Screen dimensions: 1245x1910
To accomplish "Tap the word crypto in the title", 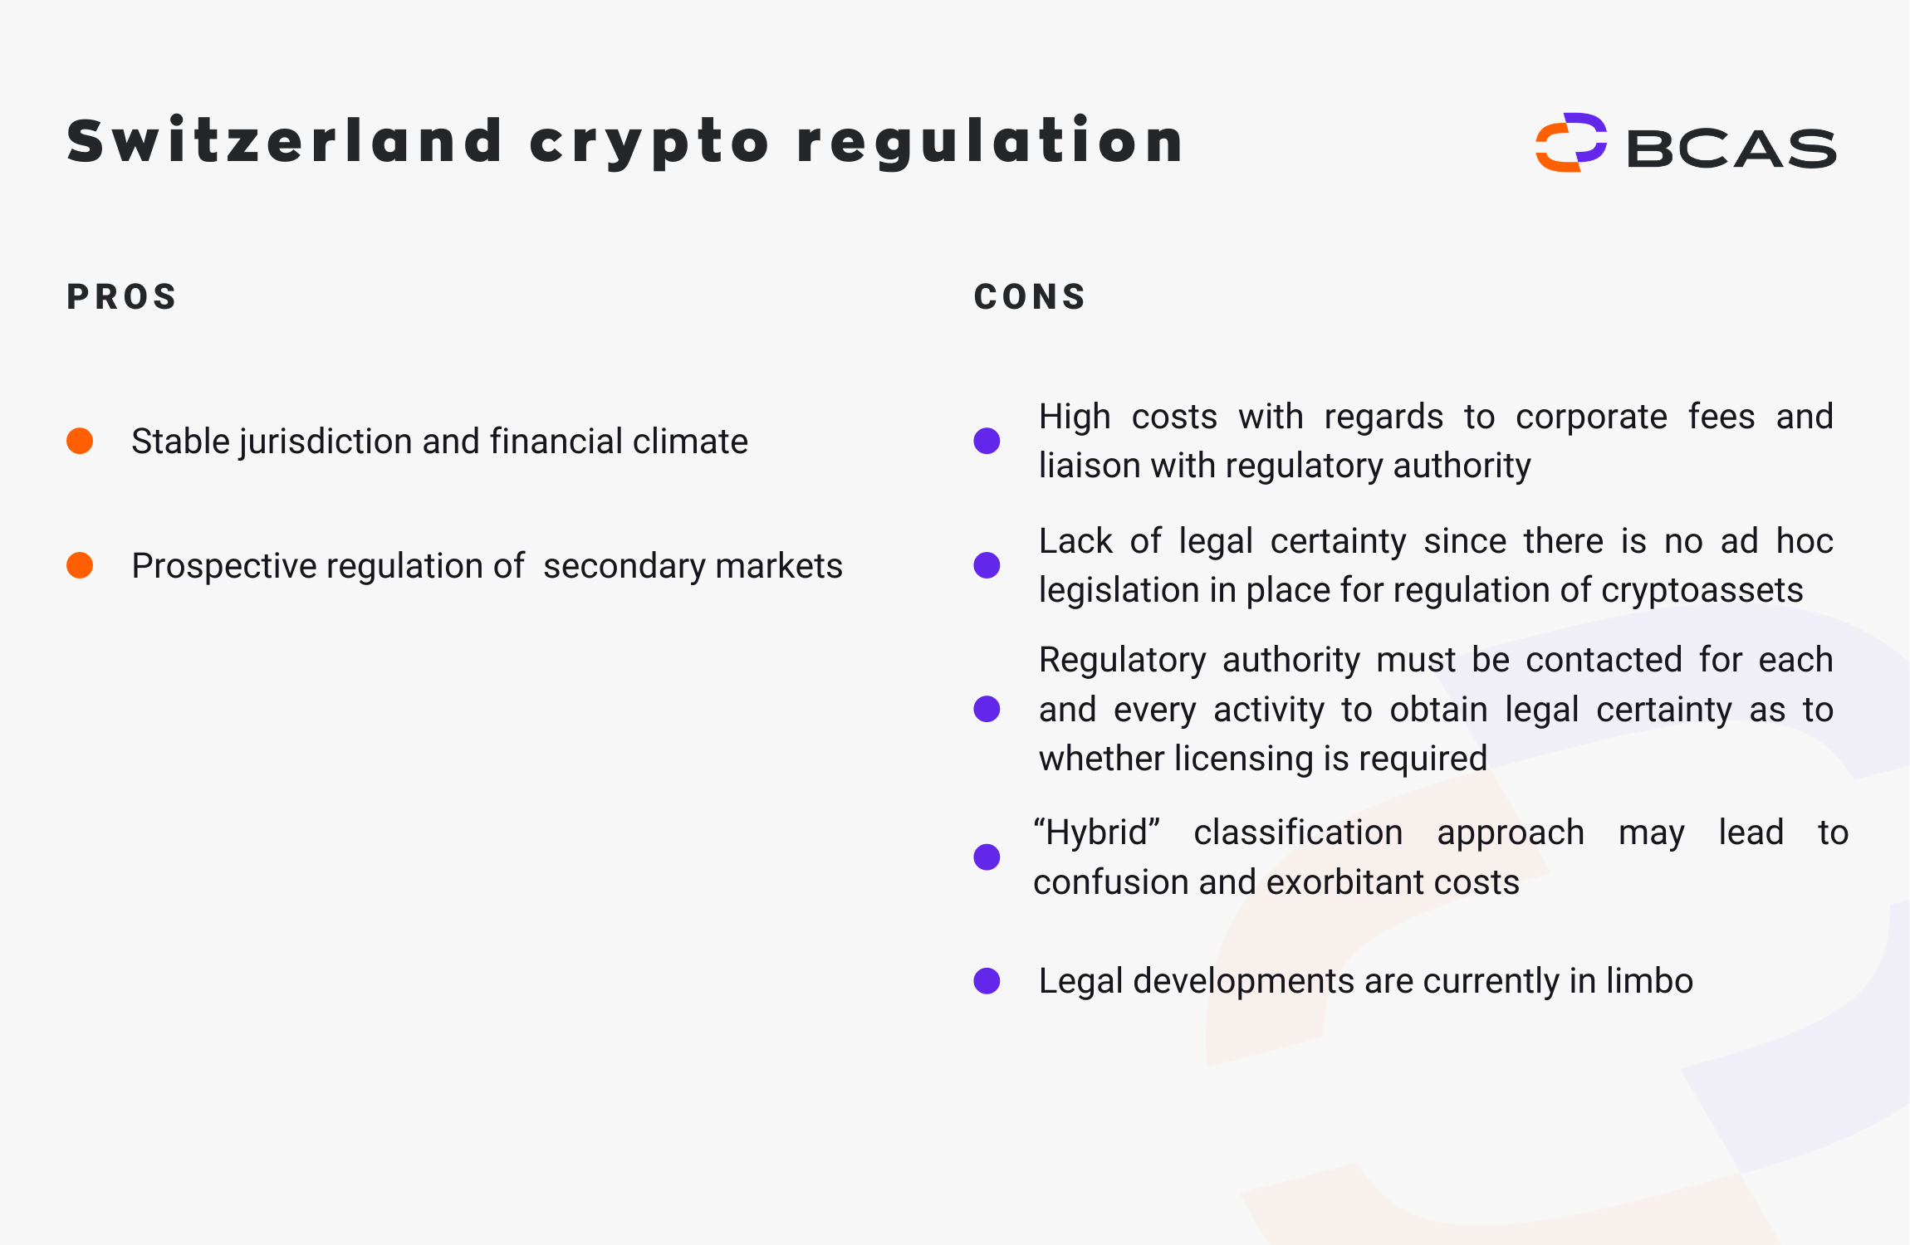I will tap(649, 143).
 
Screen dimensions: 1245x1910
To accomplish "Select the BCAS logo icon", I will tap(1570, 143).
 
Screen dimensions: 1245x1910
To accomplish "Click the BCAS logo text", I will tap(1731, 149).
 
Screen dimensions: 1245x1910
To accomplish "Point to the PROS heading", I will tap(122, 297).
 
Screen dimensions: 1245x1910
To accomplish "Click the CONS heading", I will tap(1030, 297).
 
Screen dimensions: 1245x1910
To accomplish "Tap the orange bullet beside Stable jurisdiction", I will tap(80, 441).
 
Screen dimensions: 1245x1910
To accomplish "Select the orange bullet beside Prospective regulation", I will tap(80, 565).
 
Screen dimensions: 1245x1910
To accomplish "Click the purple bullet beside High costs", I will tap(987, 441).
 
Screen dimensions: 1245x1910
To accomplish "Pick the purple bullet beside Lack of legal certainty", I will tap(987, 565).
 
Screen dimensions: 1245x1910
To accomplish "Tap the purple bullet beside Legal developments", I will tap(987, 980).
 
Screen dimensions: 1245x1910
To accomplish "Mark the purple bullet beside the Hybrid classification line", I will tap(987, 857).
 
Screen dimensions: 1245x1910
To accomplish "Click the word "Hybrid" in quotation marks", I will tap(1096, 832).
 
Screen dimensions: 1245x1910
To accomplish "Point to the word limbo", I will tap(1649, 980).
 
